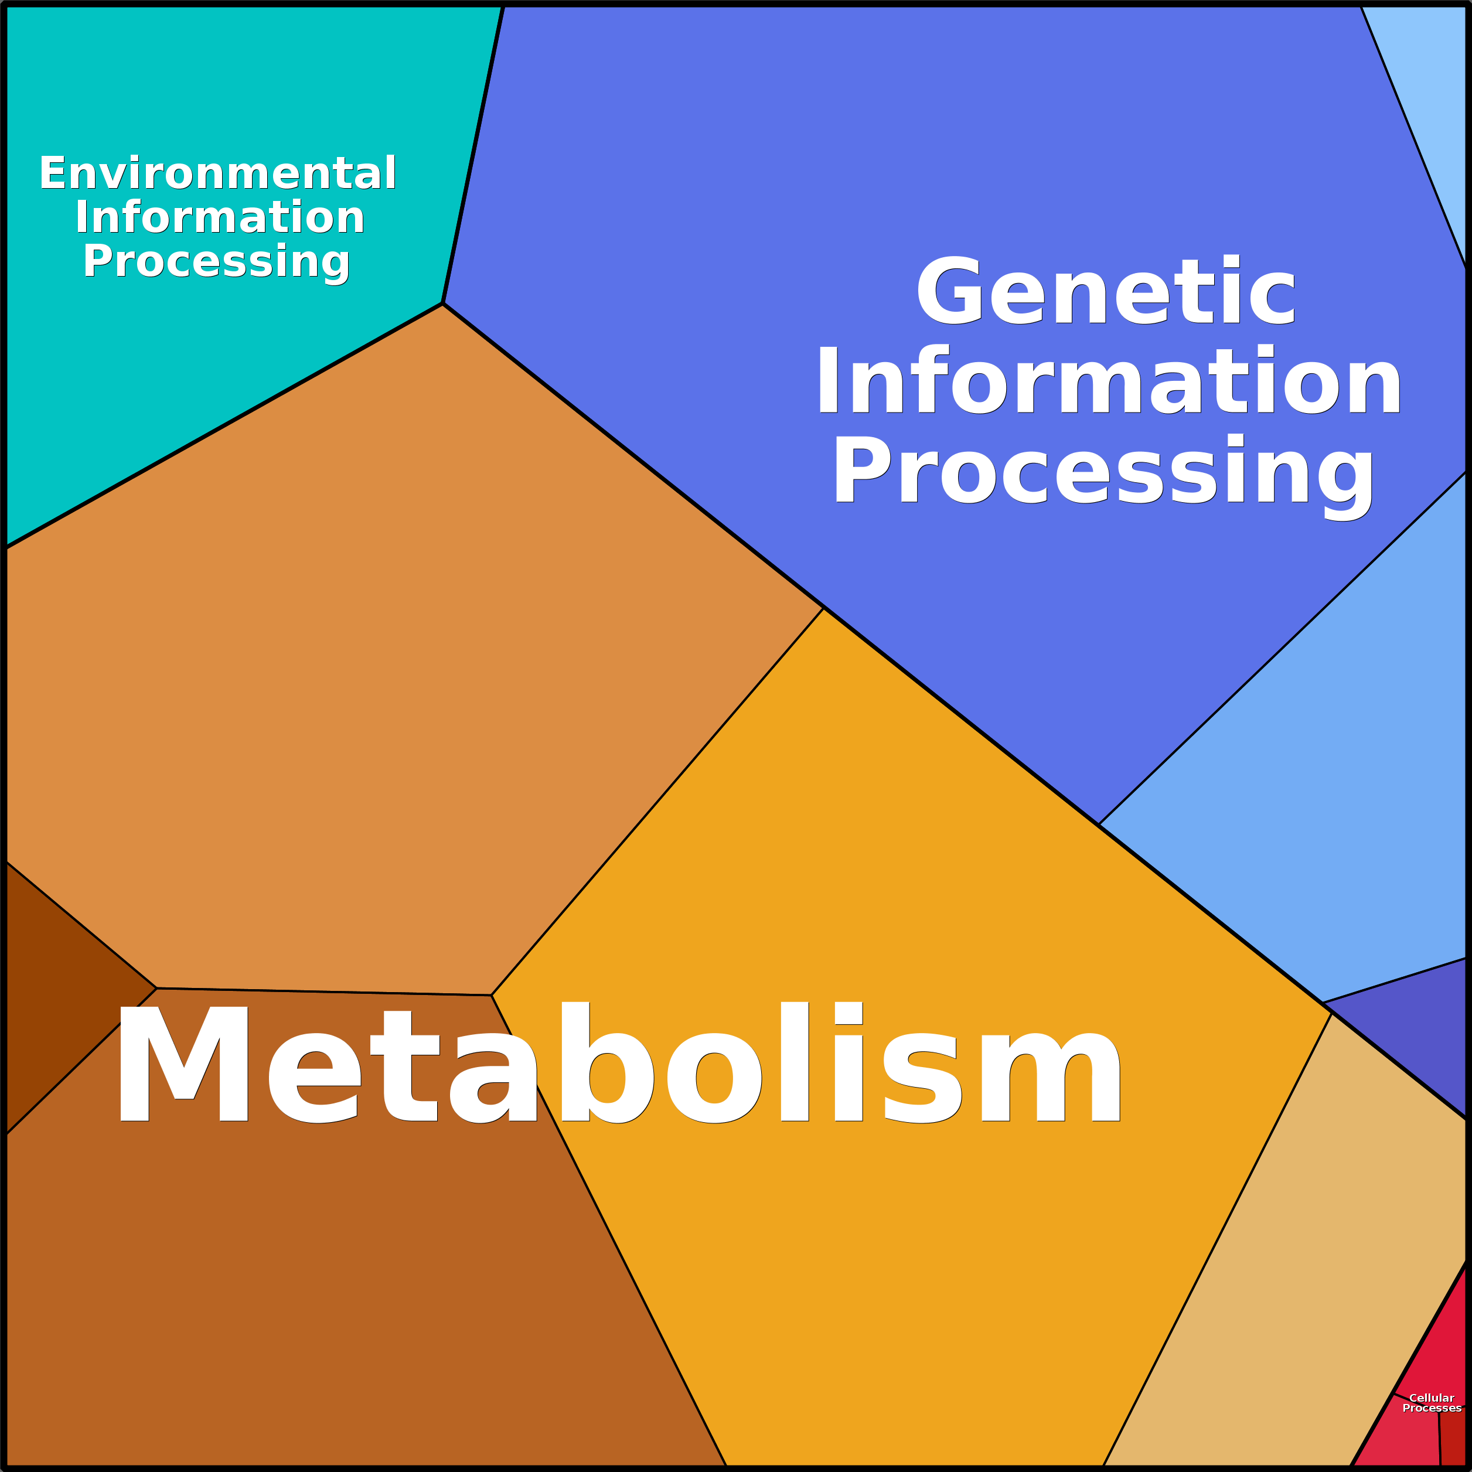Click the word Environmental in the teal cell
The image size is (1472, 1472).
tap(217, 173)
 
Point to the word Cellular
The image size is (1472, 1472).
tap(1432, 1398)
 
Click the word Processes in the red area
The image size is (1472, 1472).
tap(1432, 1408)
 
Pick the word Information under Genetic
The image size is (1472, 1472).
tap(1109, 381)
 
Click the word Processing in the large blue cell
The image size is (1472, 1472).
tap(1105, 471)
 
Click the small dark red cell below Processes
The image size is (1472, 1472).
tap(1454, 1444)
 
